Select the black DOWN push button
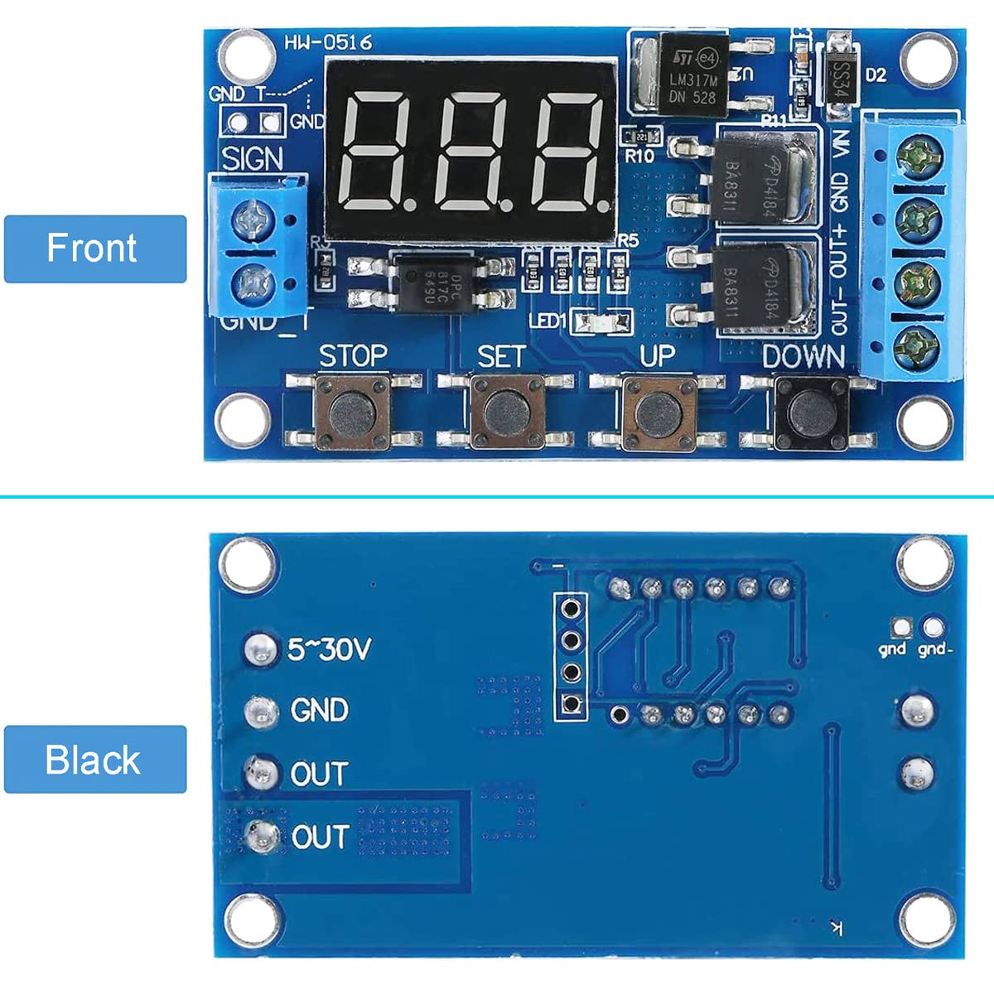point(810,408)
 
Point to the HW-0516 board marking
point(328,42)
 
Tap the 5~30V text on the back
point(329,649)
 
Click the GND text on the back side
point(319,711)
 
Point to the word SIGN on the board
point(252,158)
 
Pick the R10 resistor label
point(639,155)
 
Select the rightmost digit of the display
point(569,151)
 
